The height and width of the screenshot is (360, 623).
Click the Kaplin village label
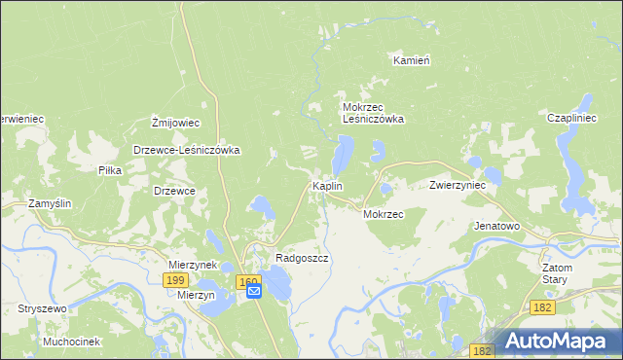pos(325,185)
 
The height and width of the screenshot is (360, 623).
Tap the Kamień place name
pos(412,59)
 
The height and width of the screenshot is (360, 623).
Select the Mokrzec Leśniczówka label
pos(373,113)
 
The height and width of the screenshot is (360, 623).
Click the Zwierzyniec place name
pos(458,184)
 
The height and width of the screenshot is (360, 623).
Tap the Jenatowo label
pos(497,225)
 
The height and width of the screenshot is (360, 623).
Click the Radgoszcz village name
pos(302,258)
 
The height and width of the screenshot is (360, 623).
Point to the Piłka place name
pos(109,169)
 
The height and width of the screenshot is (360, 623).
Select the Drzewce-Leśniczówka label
pos(186,151)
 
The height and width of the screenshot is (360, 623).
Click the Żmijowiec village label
pos(175,123)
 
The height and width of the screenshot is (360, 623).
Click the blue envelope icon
pos(253,290)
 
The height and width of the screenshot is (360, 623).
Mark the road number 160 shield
pos(247,280)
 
